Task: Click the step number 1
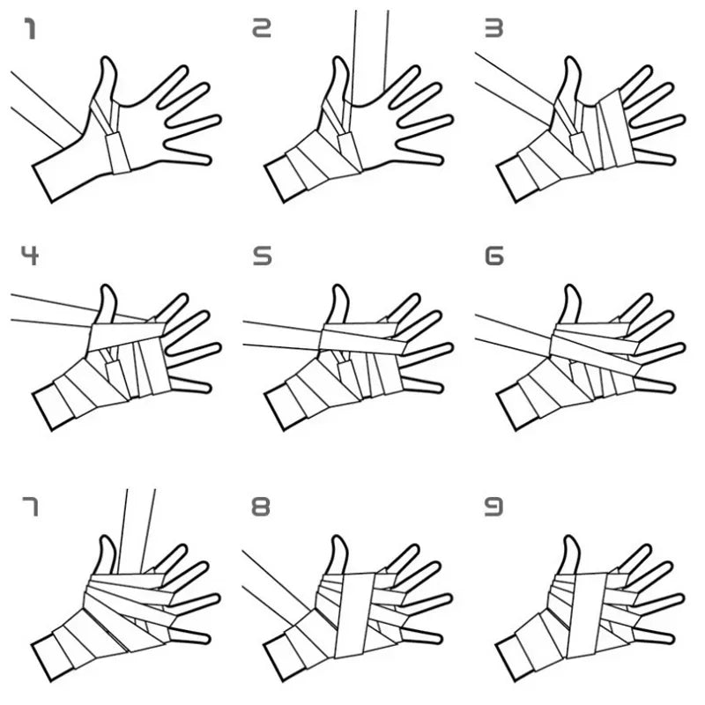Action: coord(30,31)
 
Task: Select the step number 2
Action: coord(262,31)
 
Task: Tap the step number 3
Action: coord(493,31)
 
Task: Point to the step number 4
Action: coord(30,256)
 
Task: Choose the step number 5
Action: coord(262,256)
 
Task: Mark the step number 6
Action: coord(493,256)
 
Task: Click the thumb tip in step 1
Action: coord(108,63)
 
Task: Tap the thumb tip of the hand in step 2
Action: coord(339,63)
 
